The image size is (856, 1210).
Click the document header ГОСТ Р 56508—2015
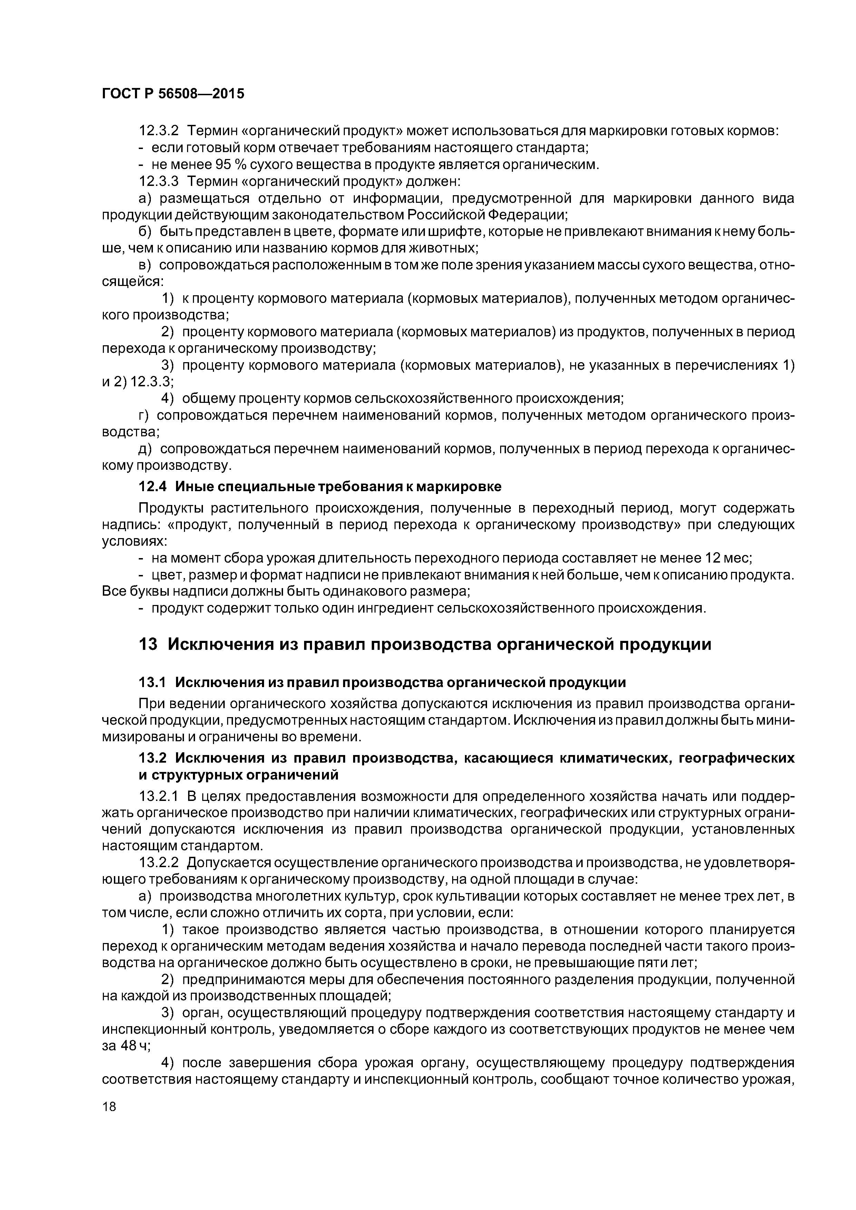tap(173, 94)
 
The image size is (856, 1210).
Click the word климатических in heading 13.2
tap(610, 758)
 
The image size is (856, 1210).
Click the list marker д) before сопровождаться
tap(145, 449)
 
